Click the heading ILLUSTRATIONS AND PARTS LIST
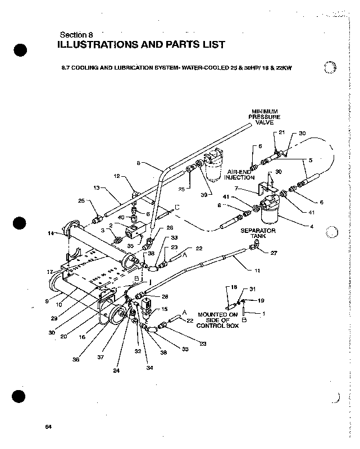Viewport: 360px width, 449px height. coord(141,44)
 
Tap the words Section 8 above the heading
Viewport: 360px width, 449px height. coord(79,34)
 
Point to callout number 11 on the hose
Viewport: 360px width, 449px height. coord(257,271)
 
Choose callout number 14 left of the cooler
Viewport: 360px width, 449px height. coord(52,234)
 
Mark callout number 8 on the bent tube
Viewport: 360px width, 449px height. coord(138,163)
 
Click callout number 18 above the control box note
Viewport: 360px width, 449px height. coord(235,287)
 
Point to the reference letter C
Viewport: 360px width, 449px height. coord(177,208)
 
